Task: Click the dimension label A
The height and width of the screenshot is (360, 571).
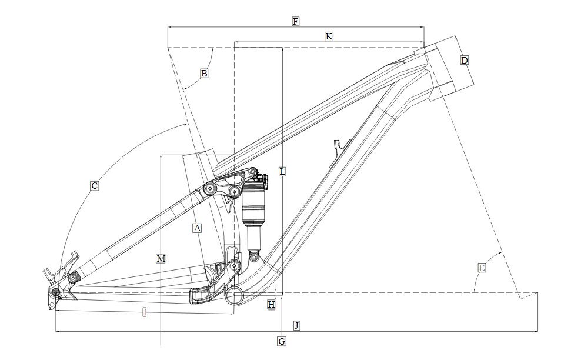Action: [197, 228]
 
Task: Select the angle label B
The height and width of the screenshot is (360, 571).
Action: [204, 74]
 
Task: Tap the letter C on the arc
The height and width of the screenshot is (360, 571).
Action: [94, 186]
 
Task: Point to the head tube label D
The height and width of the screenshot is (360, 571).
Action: [465, 60]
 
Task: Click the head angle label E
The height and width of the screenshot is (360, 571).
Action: [482, 268]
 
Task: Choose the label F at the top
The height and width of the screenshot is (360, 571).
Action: [296, 22]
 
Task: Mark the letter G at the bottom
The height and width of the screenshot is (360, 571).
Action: [282, 341]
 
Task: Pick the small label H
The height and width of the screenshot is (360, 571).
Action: [271, 305]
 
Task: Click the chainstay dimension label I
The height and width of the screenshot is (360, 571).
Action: [145, 312]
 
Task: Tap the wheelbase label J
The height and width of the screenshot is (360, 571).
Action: [297, 325]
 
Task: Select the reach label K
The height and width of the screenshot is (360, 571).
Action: [329, 36]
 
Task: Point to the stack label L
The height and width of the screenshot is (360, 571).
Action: [282, 172]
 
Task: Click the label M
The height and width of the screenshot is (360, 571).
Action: [161, 259]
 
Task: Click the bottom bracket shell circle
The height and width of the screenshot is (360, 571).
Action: [234, 295]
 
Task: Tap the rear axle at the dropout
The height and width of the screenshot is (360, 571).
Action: [55, 292]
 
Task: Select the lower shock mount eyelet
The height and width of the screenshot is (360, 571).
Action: [254, 256]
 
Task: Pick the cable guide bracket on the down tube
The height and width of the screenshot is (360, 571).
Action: [340, 152]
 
